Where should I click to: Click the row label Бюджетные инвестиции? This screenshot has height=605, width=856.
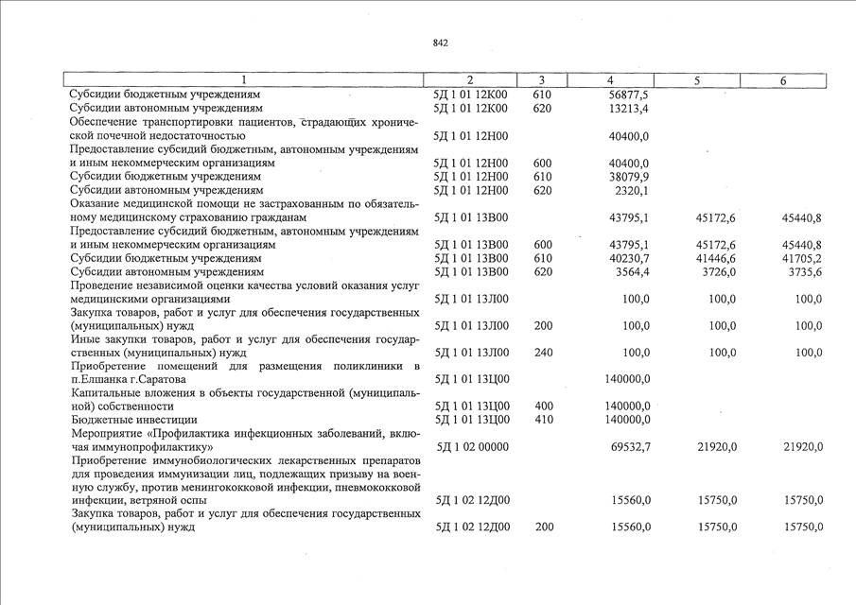click(x=133, y=419)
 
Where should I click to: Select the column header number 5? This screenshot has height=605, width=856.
click(x=696, y=80)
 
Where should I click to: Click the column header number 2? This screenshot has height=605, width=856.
click(x=470, y=80)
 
